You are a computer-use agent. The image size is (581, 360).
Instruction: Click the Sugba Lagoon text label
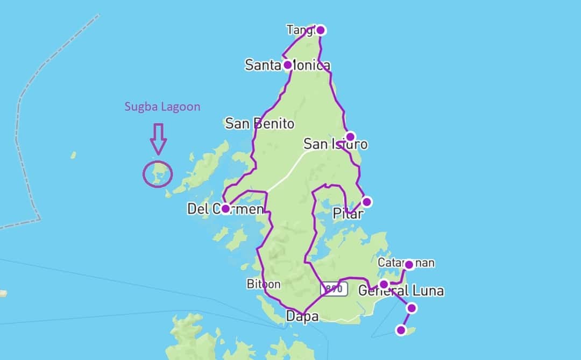click(162, 107)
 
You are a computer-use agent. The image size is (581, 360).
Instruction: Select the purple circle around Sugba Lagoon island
click(158, 174)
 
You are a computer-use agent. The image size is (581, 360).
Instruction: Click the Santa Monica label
click(287, 66)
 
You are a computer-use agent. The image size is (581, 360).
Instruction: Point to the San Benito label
click(259, 124)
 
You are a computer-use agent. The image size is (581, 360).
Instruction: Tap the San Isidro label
click(335, 144)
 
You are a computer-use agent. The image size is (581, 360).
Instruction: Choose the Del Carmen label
click(225, 209)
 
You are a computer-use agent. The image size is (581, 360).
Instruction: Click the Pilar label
click(348, 214)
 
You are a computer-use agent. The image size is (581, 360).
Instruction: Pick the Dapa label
click(302, 316)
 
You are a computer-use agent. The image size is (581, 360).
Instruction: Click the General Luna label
click(401, 291)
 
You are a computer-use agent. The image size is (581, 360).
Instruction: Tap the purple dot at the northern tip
click(321, 30)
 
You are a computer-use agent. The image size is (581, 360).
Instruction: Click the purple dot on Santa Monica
click(287, 65)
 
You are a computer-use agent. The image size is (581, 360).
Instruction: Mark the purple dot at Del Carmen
click(225, 208)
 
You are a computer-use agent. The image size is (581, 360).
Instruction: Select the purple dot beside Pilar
click(366, 202)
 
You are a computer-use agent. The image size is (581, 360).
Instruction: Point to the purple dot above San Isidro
click(350, 136)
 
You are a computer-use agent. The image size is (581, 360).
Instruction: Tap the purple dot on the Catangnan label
click(409, 264)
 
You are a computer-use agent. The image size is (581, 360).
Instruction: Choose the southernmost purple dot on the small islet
click(401, 330)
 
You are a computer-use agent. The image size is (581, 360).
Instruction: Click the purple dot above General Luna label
click(384, 284)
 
